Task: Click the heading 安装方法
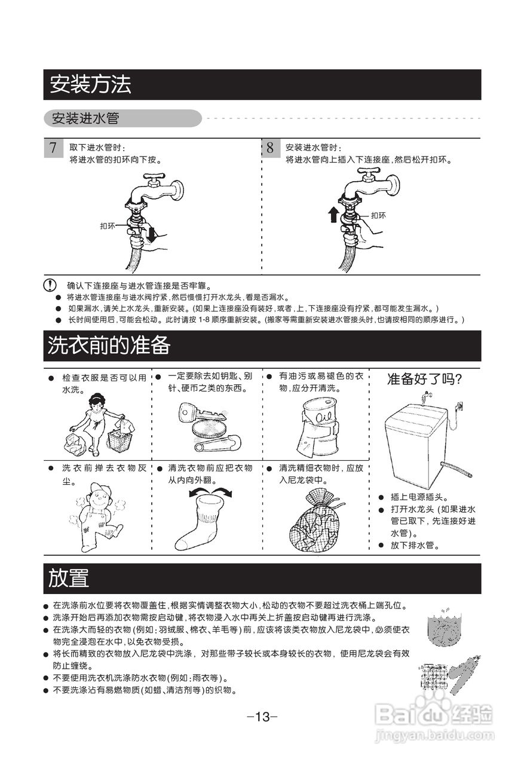tap(90, 85)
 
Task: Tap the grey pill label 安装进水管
tap(85, 118)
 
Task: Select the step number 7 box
tap(53, 148)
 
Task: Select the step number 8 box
tap(270, 148)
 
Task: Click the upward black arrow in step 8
tap(333, 214)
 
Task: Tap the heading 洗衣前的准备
tap(109, 345)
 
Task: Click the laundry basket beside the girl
tap(120, 439)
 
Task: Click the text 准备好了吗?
tap(425, 379)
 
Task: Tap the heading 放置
tap(69, 578)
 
